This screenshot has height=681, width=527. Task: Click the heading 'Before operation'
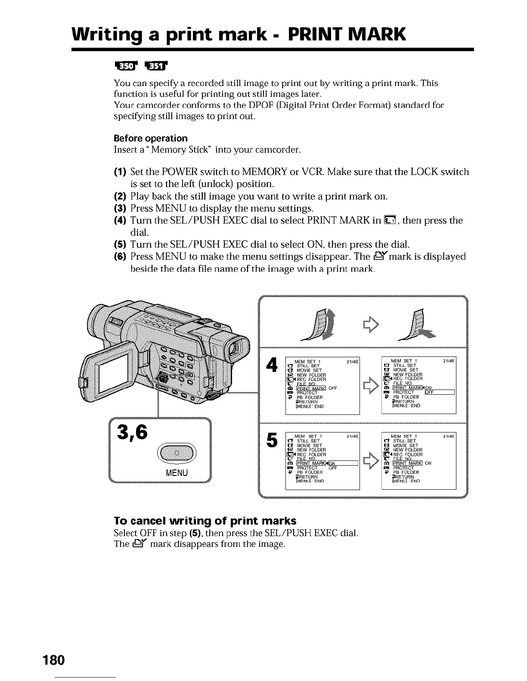tap(150, 138)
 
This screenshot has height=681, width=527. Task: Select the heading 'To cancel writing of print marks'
tap(205, 521)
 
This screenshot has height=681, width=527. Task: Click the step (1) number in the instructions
tap(119, 172)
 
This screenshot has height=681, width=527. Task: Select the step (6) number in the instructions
tap(119, 257)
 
